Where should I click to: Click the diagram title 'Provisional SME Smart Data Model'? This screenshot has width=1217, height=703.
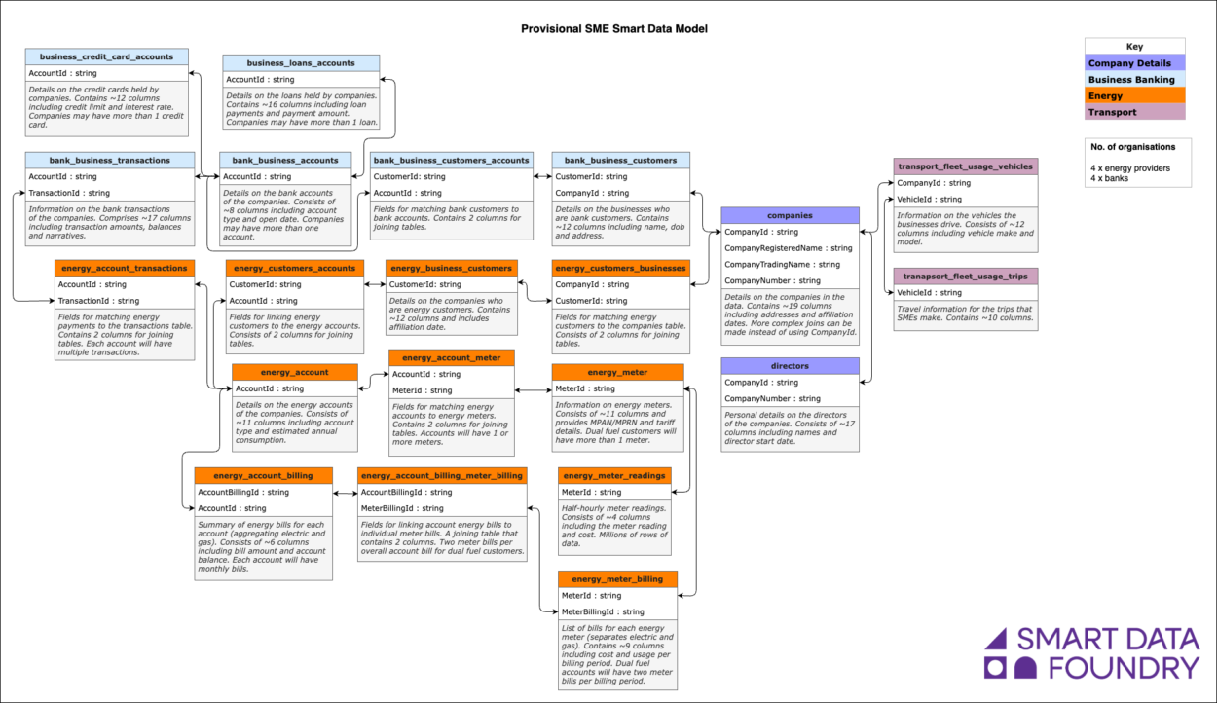(613, 29)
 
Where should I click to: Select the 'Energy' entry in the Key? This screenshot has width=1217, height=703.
(1134, 95)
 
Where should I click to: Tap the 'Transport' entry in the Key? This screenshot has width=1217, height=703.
(1134, 112)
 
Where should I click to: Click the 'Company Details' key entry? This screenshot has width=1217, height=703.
(1134, 63)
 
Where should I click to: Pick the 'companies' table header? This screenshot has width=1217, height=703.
(790, 215)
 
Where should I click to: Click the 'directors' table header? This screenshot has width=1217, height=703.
(790, 366)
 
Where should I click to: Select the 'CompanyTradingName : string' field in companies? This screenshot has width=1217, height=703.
(783, 265)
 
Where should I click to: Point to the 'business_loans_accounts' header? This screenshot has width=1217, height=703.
(301, 63)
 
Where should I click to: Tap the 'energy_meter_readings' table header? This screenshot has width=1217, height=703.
(614, 475)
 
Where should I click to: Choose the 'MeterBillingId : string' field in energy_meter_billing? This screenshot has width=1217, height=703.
(603, 611)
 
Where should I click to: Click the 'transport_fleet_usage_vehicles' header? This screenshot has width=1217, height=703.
(965, 166)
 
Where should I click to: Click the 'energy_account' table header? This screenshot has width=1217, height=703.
(294, 372)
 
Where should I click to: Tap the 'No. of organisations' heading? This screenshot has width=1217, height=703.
(1132, 147)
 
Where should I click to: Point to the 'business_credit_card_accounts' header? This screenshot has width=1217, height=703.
(106, 56)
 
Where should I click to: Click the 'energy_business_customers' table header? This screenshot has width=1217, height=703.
(451, 268)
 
